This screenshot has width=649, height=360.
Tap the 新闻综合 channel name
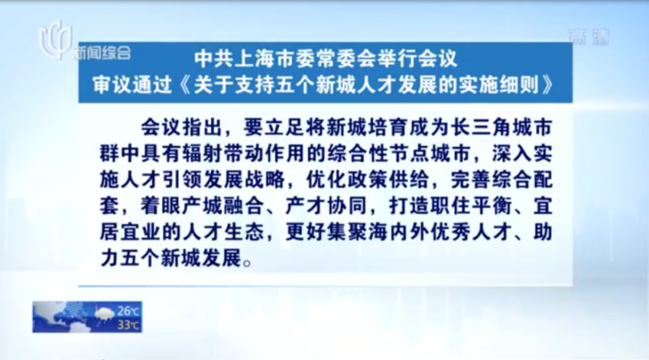102,53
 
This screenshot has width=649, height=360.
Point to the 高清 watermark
589,37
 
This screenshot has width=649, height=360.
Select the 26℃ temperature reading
128,311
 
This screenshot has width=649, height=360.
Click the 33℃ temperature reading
128,325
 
